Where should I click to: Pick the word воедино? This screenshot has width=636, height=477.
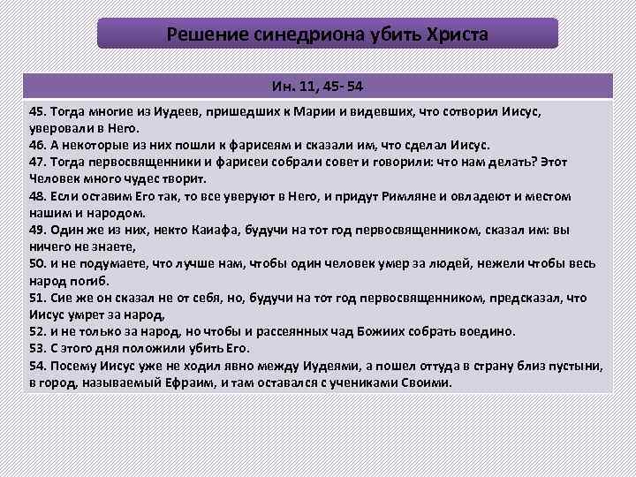(x=488, y=331)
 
